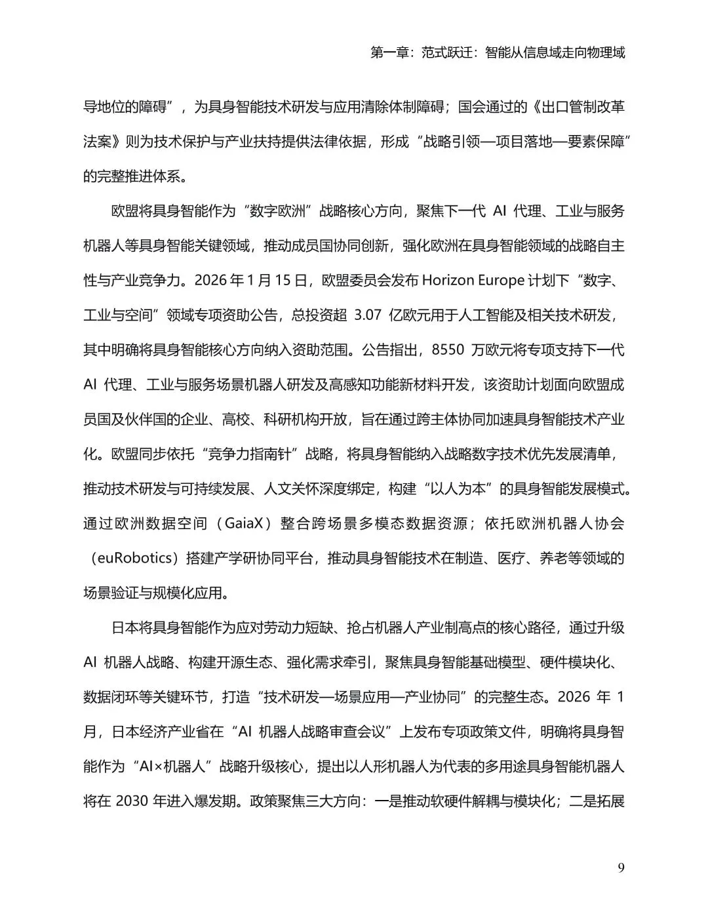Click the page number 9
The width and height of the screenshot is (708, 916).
pos(621,868)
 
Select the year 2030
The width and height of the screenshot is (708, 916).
pos(133,801)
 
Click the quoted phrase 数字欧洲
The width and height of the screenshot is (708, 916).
pos(276,211)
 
